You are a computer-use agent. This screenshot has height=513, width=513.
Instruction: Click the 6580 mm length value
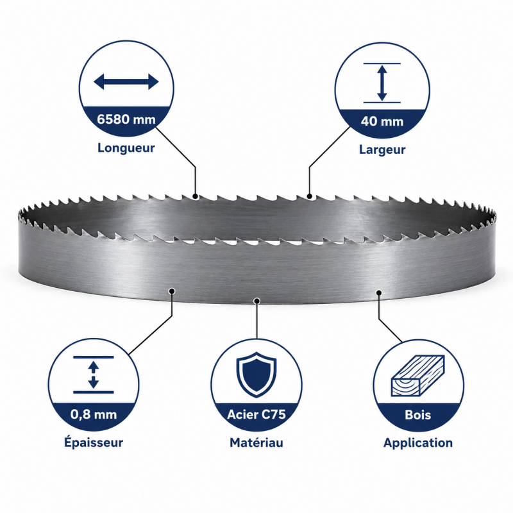pyautogui.click(x=126, y=119)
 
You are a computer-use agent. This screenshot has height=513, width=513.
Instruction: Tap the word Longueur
pyautogui.click(x=126, y=148)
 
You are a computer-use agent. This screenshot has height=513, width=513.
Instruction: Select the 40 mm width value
pyautogui.click(x=382, y=121)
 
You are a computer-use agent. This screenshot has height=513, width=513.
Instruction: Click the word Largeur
pyautogui.click(x=382, y=149)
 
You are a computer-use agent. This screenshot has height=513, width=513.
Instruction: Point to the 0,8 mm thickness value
pyautogui.click(x=94, y=414)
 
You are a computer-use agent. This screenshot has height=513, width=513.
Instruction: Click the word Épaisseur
pyautogui.click(x=94, y=442)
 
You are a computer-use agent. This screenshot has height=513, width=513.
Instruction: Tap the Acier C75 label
pyautogui.click(x=256, y=414)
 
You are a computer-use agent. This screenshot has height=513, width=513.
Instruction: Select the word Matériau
pyautogui.click(x=256, y=442)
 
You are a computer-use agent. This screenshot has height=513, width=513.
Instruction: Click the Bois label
pyautogui.click(x=418, y=415)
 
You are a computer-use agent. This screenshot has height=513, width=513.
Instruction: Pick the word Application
pyautogui.click(x=418, y=443)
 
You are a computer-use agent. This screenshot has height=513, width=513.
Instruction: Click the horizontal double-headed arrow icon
pyautogui.click(x=126, y=81)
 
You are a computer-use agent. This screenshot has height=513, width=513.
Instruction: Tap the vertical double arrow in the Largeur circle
pyautogui.click(x=382, y=83)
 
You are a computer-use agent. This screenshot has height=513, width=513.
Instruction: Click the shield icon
pyautogui.click(x=257, y=374)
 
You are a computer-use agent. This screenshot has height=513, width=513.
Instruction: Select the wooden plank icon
pyautogui.click(x=418, y=376)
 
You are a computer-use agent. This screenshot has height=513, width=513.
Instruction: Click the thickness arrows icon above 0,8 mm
pyautogui.click(x=94, y=374)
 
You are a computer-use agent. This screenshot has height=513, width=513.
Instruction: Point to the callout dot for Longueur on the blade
pyautogui.click(x=196, y=197)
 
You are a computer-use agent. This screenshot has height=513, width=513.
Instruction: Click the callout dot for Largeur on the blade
pyautogui.click(x=310, y=196)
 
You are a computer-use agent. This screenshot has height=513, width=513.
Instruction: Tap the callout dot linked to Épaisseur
pyautogui.click(x=172, y=291)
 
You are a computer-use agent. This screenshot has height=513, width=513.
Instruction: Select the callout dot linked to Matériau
pyautogui.click(x=257, y=301)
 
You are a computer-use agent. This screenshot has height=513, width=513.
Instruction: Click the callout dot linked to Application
pyautogui.click(x=379, y=292)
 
